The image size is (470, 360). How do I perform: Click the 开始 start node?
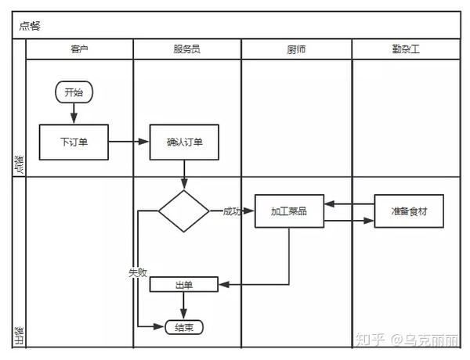(74, 92)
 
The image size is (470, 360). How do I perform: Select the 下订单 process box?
(74, 142)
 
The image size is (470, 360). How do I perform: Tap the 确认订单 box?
(184, 142)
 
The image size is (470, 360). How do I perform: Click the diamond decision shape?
(184, 211)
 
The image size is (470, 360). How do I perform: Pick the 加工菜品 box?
(289, 211)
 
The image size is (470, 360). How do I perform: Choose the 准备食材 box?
(408, 211)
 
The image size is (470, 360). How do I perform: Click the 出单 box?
(184, 285)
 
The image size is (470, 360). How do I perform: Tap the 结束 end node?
(184, 327)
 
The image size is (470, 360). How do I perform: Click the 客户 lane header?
(79, 49)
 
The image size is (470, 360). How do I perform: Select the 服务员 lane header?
(186, 49)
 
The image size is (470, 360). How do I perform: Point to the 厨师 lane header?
(296, 49)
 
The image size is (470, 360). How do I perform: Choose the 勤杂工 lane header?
(406, 49)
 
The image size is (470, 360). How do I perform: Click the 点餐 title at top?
(30, 25)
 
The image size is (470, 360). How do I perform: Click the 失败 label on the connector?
(137, 272)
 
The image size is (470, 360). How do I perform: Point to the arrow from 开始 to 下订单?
(74, 113)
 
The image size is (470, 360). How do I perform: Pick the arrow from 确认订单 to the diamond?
(184, 174)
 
